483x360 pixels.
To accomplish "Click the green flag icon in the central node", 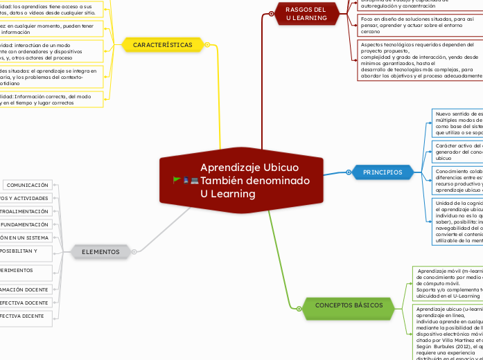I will pyautogui.click(x=177, y=180).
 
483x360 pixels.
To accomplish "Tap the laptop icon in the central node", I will pyautogui.click(x=194, y=180).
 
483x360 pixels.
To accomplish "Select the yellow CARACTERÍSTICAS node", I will pyautogui.click(x=163, y=45).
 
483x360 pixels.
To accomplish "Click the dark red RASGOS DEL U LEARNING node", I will pyautogui.click(x=306, y=13).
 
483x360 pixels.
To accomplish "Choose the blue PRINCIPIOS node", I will pyautogui.click(x=382, y=172).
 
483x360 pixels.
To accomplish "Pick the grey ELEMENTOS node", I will pyautogui.click(x=100, y=251).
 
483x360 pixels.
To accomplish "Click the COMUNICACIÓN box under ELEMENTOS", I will pyautogui.click(x=27, y=186).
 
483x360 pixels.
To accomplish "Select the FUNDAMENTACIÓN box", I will pyautogui.click(x=24, y=224).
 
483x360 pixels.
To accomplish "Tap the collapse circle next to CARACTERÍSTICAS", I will pyautogui.click(x=208, y=45).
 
